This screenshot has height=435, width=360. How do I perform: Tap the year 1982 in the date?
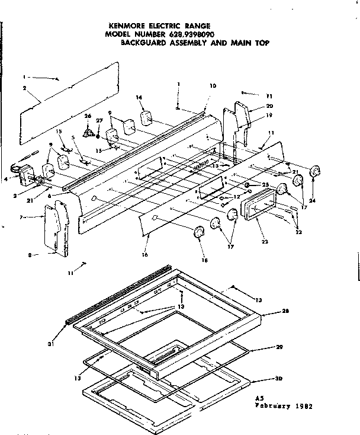click(x=303, y=407)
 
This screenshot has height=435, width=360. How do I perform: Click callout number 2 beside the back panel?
click(x=25, y=88)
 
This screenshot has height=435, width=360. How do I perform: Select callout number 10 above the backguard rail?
click(x=213, y=86)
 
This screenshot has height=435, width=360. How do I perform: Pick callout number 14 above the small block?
click(x=139, y=97)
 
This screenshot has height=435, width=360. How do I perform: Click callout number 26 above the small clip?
click(x=88, y=116)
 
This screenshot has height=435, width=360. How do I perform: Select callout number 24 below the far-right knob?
click(x=313, y=200)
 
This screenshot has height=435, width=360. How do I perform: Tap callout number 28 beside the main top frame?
click(x=285, y=311)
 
